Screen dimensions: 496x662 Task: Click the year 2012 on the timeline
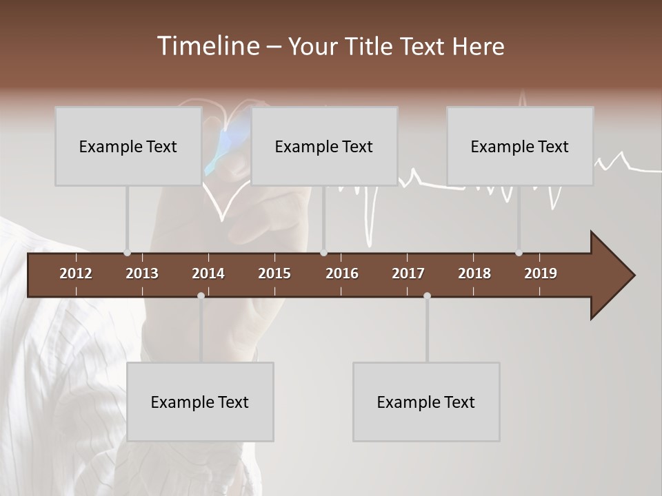pyautogui.click(x=76, y=273)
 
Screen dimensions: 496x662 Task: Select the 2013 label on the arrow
pyautogui.click(x=142, y=273)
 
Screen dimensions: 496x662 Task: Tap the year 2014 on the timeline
pyautogui.click(x=208, y=273)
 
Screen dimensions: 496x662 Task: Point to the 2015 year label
pyautogui.click(x=274, y=273)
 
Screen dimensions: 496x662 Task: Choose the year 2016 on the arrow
pyautogui.click(x=342, y=273)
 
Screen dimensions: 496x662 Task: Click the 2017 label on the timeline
pyautogui.click(x=408, y=273)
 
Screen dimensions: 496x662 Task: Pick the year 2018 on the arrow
pyautogui.click(x=474, y=273)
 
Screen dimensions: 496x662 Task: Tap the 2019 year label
pyautogui.click(x=541, y=273)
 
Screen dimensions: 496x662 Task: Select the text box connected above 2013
pyautogui.click(x=128, y=146)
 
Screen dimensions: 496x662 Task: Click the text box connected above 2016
pyautogui.click(x=324, y=146)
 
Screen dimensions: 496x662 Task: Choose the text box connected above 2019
pyautogui.click(x=520, y=146)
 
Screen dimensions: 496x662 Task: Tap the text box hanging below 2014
pyautogui.click(x=200, y=402)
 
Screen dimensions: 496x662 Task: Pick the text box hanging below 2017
pyautogui.click(x=426, y=402)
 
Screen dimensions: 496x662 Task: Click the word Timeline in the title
pyautogui.click(x=207, y=46)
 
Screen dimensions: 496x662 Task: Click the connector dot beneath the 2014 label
pyautogui.click(x=201, y=296)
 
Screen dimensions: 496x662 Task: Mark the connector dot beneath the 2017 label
pyautogui.click(x=427, y=296)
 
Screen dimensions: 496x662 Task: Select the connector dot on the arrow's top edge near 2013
pyautogui.click(x=127, y=253)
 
